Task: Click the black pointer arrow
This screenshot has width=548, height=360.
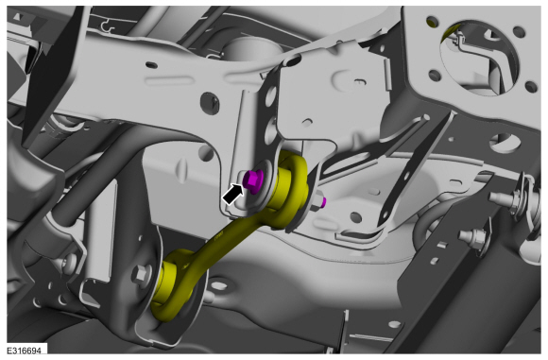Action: point(232,195)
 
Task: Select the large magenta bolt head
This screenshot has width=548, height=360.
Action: point(252,180)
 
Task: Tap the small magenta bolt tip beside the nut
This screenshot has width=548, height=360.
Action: point(324,201)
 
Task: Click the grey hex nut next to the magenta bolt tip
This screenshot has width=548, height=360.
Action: point(316,203)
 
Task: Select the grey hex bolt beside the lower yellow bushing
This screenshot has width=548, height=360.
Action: point(141,274)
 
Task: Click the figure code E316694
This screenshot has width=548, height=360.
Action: point(24,351)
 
